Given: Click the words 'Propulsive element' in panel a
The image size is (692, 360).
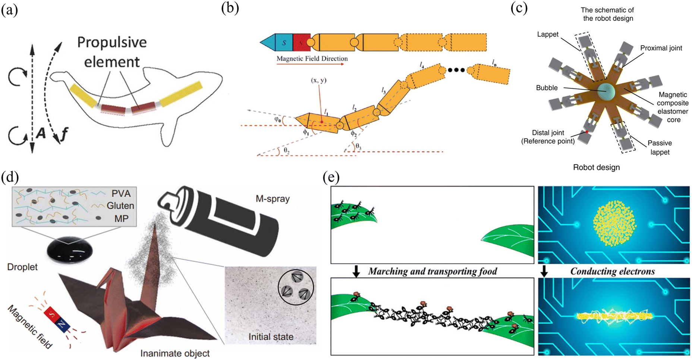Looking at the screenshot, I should click(x=112, y=52).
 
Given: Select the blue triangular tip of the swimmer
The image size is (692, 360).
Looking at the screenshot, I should click(x=268, y=43).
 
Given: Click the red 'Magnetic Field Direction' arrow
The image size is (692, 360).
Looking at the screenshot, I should click(x=310, y=64).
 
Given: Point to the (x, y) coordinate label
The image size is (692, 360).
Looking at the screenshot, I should click(x=318, y=80).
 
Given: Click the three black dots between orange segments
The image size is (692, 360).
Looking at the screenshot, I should click(x=456, y=70).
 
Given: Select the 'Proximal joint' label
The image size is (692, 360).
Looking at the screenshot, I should click(x=661, y=48).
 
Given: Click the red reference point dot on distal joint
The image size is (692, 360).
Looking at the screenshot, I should click(x=586, y=132).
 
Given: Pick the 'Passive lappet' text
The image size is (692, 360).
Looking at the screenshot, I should click(x=660, y=147).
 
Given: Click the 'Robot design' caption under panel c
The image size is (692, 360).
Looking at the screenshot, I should click(x=596, y=168).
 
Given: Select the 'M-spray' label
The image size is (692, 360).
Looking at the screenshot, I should click(x=273, y=199).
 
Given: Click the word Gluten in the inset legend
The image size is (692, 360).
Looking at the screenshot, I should click(x=120, y=206).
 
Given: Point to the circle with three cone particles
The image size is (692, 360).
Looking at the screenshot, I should click(x=296, y=287).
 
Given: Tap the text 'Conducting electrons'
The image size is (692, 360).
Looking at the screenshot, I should click(x=613, y=272).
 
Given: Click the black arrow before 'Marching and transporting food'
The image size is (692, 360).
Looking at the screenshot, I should click(x=356, y=272).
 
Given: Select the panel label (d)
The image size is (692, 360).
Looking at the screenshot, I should click(x=10, y=177).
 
